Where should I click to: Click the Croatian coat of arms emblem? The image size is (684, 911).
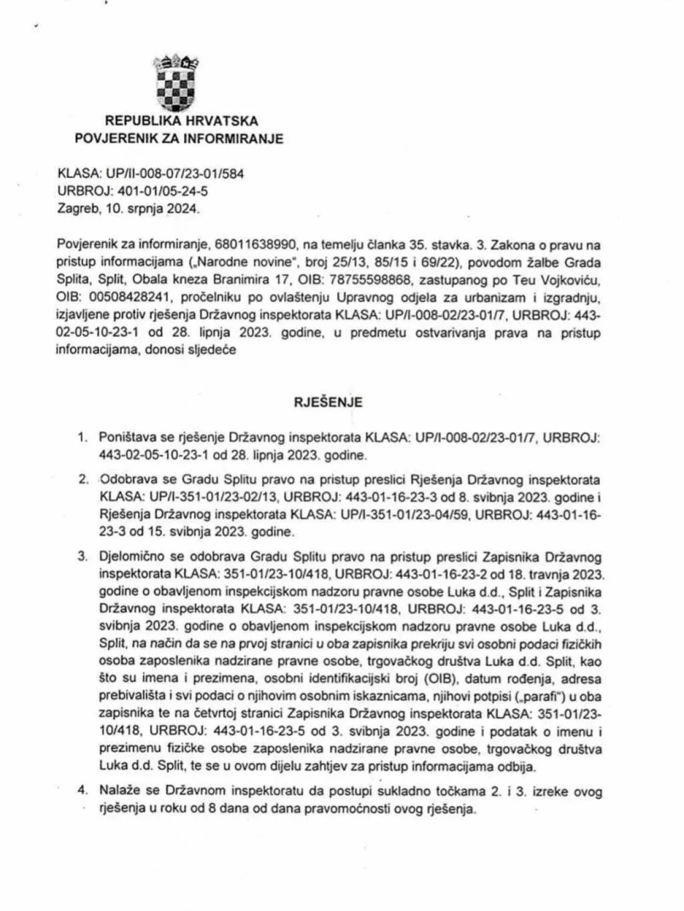(x=176, y=82)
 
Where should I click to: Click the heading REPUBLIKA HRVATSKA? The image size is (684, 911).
(x=182, y=121)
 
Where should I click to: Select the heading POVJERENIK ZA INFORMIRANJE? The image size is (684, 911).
(x=179, y=139)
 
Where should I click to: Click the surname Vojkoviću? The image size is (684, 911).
(x=567, y=281)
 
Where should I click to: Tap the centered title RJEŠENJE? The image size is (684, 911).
(x=328, y=402)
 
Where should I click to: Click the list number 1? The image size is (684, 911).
(x=82, y=438)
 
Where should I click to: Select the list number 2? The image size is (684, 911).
(x=82, y=479)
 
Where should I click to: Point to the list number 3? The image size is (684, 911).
(x=82, y=556)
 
